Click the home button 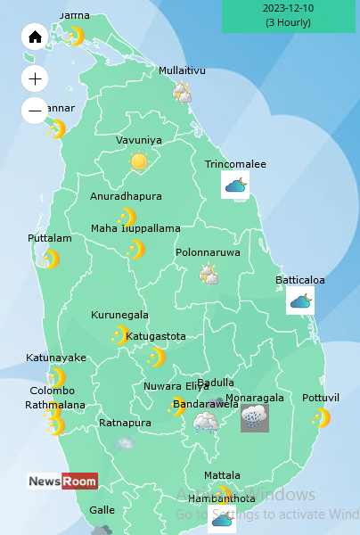tap(35, 37)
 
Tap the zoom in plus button tap(35, 79)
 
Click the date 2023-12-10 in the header tap(288, 8)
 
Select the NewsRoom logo tap(62, 481)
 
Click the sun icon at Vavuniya tap(138, 161)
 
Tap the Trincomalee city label tap(235, 164)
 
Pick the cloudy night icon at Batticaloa tap(300, 300)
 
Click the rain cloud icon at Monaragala tap(254, 417)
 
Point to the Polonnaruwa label tap(208, 252)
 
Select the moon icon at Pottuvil tap(322, 417)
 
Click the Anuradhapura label tap(126, 196)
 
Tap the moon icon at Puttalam tap(51, 259)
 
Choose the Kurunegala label tap(119, 315)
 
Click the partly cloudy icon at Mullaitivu tap(183, 91)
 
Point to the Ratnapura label tap(124, 423)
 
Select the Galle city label tap(102, 510)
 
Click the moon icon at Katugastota tap(157, 358)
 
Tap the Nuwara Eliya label tap(176, 386)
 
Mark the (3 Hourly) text tap(288, 22)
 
